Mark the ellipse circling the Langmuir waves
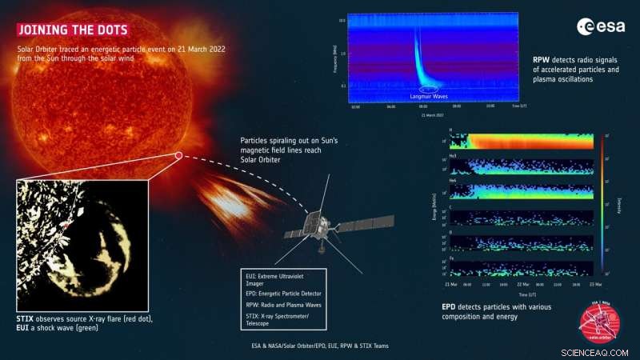(429, 89)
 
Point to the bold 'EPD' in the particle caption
(450, 306)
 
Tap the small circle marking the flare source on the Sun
(178, 156)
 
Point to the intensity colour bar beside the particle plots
(602, 204)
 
